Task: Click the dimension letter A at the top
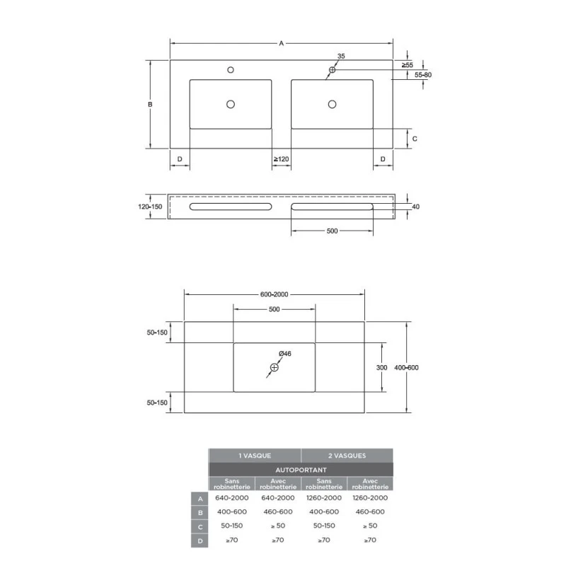click(x=281, y=44)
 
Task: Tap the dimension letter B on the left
click(x=150, y=104)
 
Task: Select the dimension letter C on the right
click(x=415, y=139)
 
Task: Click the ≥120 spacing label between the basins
click(x=281, y=158)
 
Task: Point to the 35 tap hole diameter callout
click(x=341, y=56)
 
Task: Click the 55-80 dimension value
click(x=423, y=75)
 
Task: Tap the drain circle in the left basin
click(x=231, y=104)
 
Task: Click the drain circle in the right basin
click(x=332, y=104)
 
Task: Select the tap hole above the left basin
click(x=231, y=69)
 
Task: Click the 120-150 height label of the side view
click(x=150, y=207)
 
